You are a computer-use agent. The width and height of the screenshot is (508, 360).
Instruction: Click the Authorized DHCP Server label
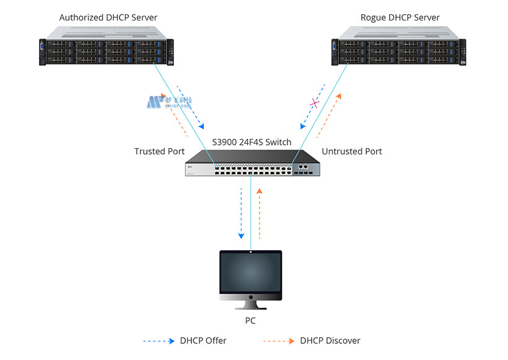108,17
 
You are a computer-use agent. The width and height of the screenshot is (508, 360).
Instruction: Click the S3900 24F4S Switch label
252,142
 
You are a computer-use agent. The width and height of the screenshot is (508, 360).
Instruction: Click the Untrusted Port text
352,151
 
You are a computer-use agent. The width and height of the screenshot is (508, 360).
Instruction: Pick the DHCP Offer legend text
203,341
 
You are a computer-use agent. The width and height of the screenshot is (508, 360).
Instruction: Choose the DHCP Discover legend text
330,341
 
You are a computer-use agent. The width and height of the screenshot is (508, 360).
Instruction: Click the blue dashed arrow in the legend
159,341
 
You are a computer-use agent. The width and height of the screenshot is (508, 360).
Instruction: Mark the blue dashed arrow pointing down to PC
242,214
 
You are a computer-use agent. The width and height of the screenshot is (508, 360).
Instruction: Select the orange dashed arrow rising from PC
260,214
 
